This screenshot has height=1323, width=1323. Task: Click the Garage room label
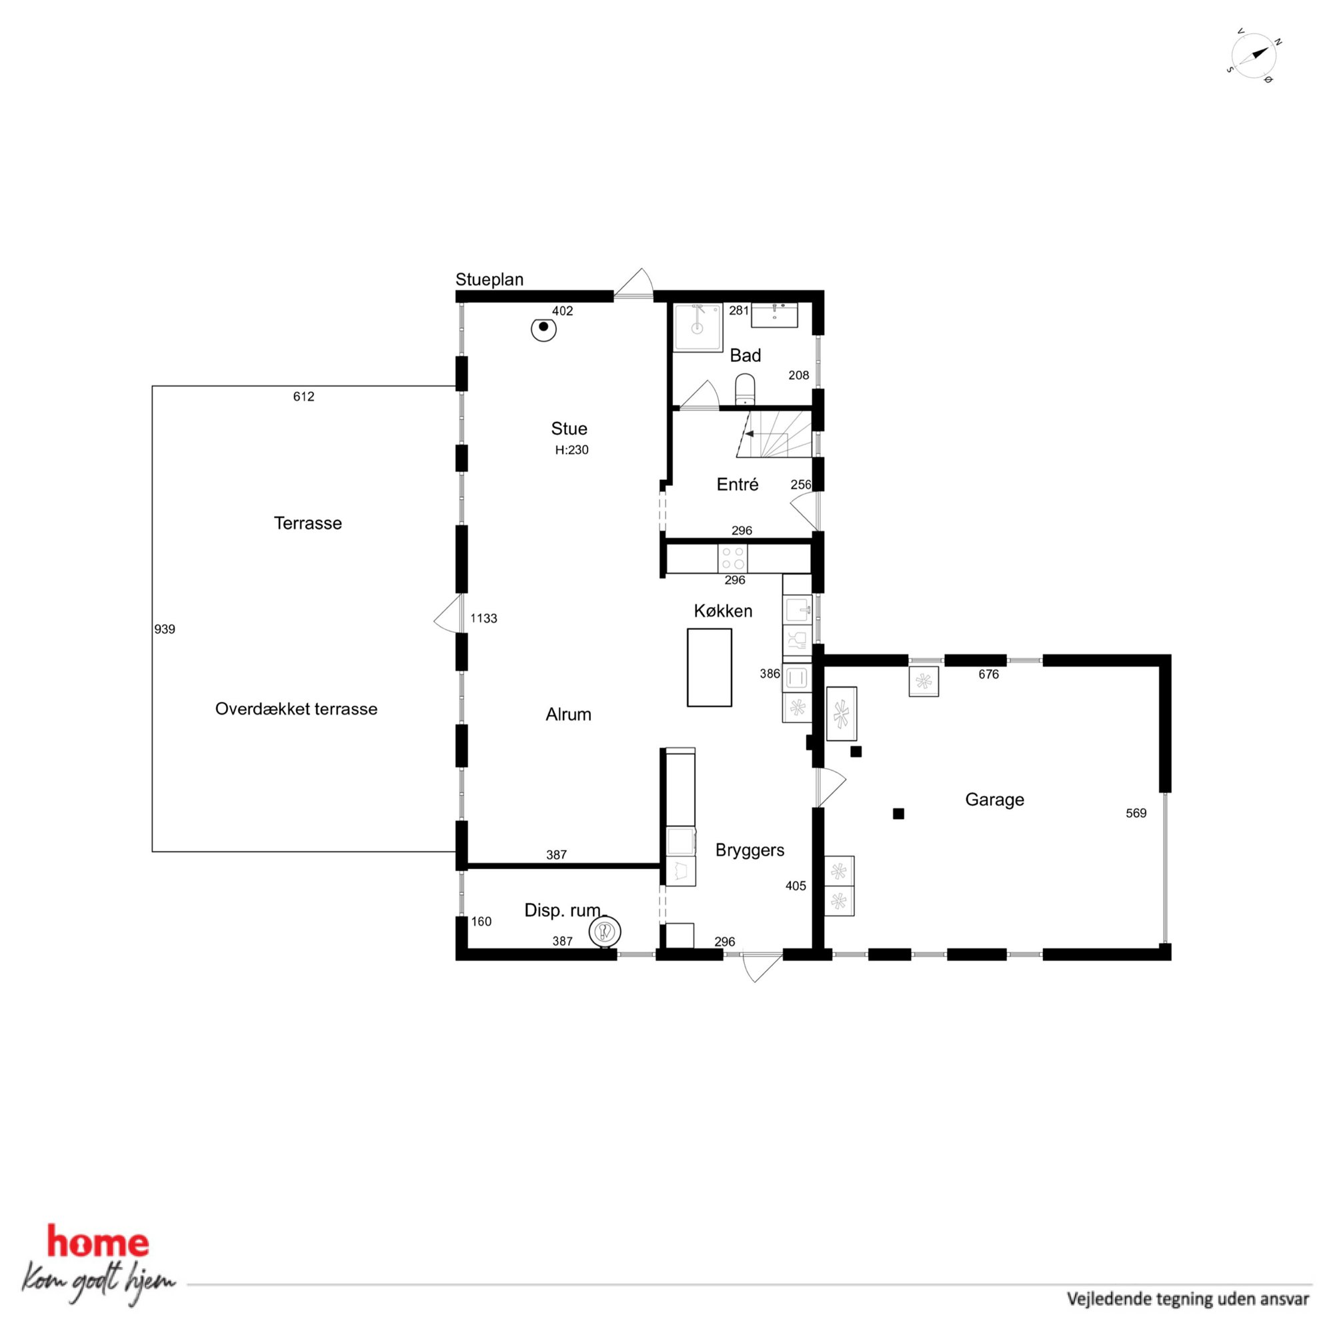(994, 799)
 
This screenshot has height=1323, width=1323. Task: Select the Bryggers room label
(750, 850)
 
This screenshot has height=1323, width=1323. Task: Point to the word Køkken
(723, 611)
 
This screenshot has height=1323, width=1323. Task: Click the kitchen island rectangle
(709, 667)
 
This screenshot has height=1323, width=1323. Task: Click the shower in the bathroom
(698, 327)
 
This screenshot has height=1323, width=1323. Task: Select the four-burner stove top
(732, 559)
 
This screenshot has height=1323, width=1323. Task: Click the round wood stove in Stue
(543, 329)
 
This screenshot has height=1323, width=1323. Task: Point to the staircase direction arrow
(752, 433)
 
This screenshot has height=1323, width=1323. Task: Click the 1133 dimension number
(483, 619)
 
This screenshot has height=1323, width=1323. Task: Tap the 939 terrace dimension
(165, 629)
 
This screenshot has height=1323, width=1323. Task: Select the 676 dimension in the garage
(989, 674)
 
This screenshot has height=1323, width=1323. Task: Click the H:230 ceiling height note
(571, 450)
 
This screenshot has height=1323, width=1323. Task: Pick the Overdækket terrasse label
(296, 708)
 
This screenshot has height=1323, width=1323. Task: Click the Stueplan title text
(489, 279)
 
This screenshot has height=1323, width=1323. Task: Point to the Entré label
(738, 485)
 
